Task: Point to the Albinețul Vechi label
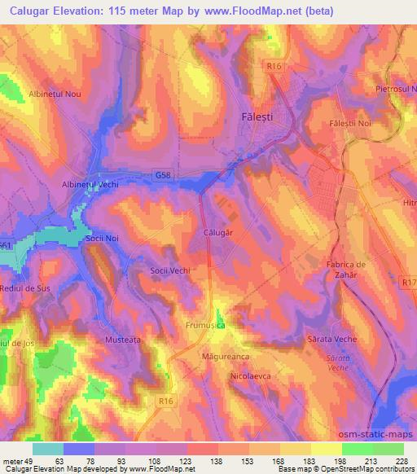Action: pos(90,185)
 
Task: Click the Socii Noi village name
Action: pos(103,239)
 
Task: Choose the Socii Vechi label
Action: pos(170,270)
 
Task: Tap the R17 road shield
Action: pos(407,281)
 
